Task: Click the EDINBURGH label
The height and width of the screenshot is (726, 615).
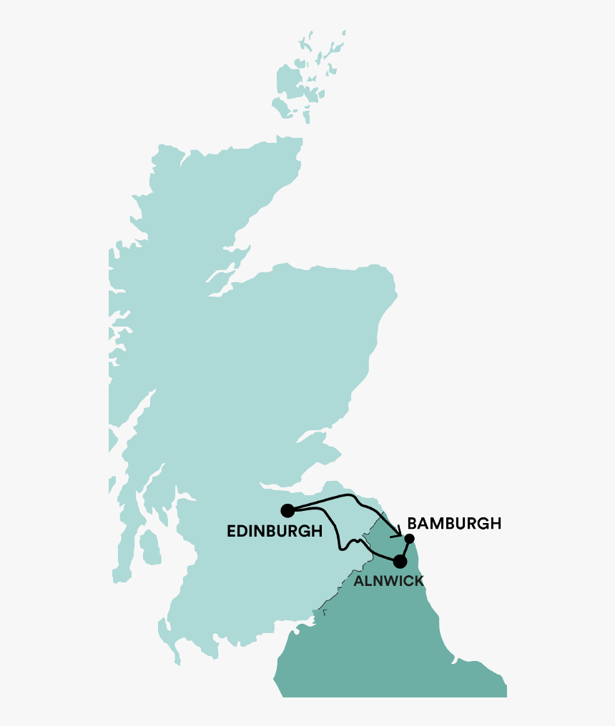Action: click(x=274, y=531)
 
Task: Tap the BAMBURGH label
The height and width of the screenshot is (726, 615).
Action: click(x=454, y=524)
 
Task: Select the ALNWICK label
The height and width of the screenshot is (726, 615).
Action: click(x=388, y=581)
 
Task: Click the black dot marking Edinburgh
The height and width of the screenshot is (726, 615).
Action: click(x=287, y=510)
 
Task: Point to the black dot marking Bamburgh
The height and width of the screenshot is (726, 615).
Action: click(x=410, y=538)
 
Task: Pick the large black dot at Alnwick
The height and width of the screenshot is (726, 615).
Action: click(x=400, y=562)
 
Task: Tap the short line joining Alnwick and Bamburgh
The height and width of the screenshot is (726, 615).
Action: click(x=405, y=550)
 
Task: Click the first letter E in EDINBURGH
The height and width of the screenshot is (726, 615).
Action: click(x=231, y=531)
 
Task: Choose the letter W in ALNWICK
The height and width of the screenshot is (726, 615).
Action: click(x=387, y=581)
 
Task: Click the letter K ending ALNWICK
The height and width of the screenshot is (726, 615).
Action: click(x=418, y=581)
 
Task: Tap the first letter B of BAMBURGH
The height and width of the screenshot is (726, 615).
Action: click(x=412, y=524)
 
